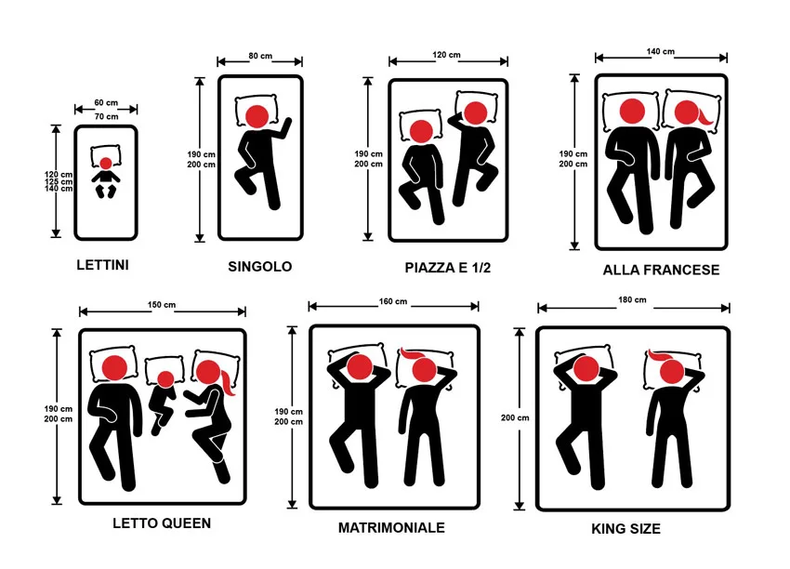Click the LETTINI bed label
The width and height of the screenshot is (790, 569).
[x=102, y=265]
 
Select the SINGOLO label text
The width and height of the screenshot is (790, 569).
[x=259, y=267]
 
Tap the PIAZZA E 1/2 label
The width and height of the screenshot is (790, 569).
[x=447, y=268]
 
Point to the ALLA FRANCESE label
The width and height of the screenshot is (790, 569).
[x=661, y=271]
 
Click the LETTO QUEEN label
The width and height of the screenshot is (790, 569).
[x=162, y=523]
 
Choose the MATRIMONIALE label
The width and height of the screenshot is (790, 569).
[x=391, y=528]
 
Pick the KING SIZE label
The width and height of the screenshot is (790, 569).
[x=625, y=529]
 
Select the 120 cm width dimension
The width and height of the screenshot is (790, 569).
[x=447, y=56]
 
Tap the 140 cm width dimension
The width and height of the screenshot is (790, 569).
[x=661, y=52]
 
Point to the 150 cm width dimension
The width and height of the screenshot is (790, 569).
[x=162, y=306]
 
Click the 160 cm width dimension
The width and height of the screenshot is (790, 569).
[x=393, y=301]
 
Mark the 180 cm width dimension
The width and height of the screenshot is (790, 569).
[x=633, y=300]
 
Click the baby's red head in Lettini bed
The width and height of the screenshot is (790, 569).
[x=106, y=164]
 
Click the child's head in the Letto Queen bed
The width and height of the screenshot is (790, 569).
[x=165, y=378]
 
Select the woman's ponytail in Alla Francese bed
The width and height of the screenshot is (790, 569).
[x=711, y=118]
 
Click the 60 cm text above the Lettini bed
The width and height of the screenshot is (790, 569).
[x=106, y=103]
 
